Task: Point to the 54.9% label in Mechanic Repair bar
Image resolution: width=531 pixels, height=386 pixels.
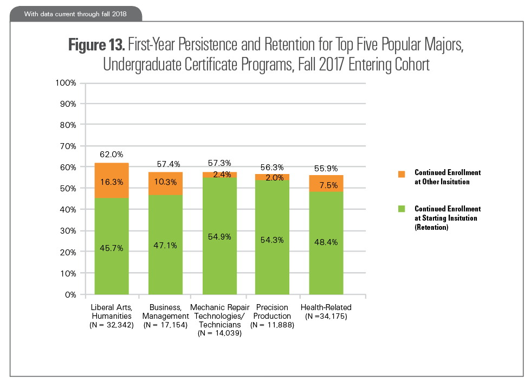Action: click(x=219, y=236)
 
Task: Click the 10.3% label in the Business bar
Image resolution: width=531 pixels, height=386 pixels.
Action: click(x=165, y=182)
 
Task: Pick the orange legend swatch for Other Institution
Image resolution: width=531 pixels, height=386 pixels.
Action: click(x=402, y=174)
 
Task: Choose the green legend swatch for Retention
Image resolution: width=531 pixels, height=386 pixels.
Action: click(x=402, y=209)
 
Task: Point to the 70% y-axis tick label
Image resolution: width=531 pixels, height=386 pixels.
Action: click(x=69, y=146)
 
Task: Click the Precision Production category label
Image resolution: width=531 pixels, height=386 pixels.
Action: click(x=272, y=312)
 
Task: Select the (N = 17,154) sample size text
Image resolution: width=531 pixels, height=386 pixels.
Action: click(x=165, y=325)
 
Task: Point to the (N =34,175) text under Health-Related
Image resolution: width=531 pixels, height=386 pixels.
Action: click(x=326, y=316)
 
